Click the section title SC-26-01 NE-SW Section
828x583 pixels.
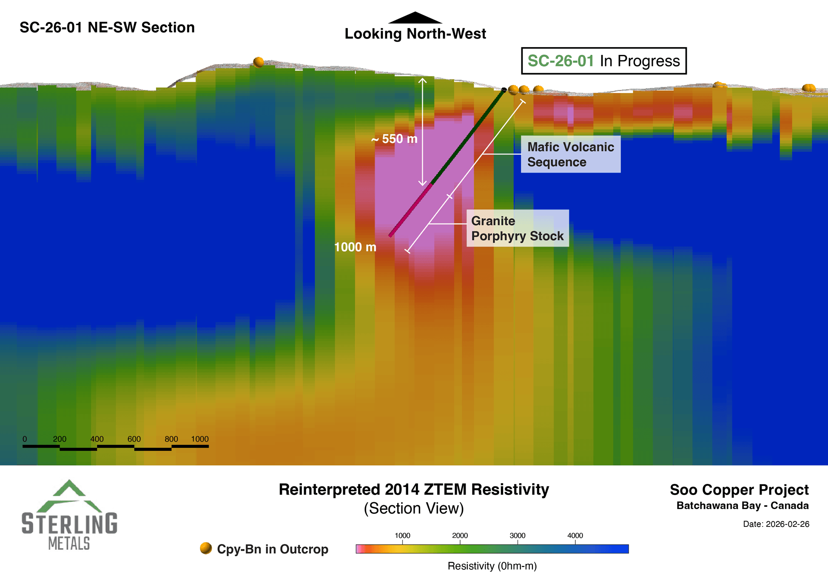click(107, 28)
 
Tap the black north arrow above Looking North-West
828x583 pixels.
click(415, 18)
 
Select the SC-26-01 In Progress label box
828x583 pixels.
click(603, 61)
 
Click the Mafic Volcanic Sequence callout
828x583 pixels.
click(570, 154)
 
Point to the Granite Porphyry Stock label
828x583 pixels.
click(517, 228)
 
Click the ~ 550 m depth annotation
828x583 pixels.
click(394, 139)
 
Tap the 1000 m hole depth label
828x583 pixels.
click(355, 247)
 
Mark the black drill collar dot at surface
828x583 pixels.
click(504, 90)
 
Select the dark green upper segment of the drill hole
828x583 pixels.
click(468, 137)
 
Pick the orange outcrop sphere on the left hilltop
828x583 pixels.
click(258, 63)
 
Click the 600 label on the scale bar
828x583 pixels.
click(134, 439)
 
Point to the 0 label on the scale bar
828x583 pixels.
click(25, 439)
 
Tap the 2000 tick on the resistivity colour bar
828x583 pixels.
click(460, 536)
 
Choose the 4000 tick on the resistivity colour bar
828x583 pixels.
click(575, 536)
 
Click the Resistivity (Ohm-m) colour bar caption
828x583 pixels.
click(492, 566)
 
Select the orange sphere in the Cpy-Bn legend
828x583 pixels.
click(206, 549)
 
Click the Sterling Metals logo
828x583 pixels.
click(69, 515)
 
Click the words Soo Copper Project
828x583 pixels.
click(739, 490)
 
